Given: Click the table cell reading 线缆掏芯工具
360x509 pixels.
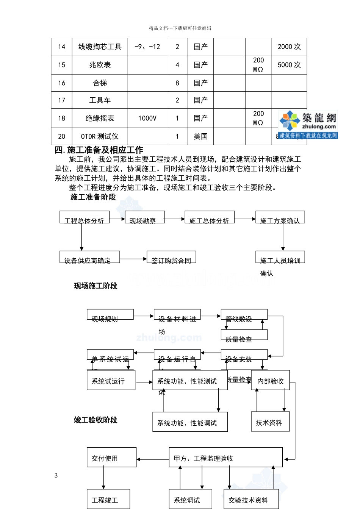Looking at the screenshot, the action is tap(100, 47).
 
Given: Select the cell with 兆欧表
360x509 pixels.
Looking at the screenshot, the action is tap(100, 65).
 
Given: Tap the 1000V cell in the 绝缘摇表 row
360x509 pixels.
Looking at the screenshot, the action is tap(147, 119).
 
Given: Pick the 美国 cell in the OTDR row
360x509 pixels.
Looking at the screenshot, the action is tap(200, 137).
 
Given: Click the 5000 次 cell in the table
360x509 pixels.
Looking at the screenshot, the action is tap(289, 65).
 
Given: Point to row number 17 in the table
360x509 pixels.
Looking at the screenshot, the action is tap(61, 100).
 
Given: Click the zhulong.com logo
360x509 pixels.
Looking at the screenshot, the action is tap(308, 124).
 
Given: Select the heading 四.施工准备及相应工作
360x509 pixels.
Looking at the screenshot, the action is tap(99, 150).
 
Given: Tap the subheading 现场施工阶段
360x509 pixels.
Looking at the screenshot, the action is tap(95, 286).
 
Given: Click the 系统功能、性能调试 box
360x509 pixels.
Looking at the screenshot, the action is tap(190, 422).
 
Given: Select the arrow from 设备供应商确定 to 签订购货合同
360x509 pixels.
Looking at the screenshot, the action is tap(133, 259).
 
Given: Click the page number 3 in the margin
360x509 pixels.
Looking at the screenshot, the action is tap(56, 476).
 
